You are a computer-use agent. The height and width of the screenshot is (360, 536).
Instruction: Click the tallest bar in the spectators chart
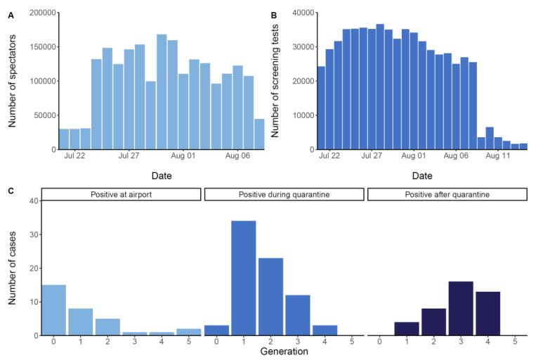pyautogui.click(x=162, y=91)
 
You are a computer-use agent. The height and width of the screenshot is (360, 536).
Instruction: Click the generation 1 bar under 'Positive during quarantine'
pyautogui.click(x=244, y=278)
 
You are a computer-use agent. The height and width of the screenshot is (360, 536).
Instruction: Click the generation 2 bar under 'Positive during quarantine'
pyautogui.click(x=270, y=296)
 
